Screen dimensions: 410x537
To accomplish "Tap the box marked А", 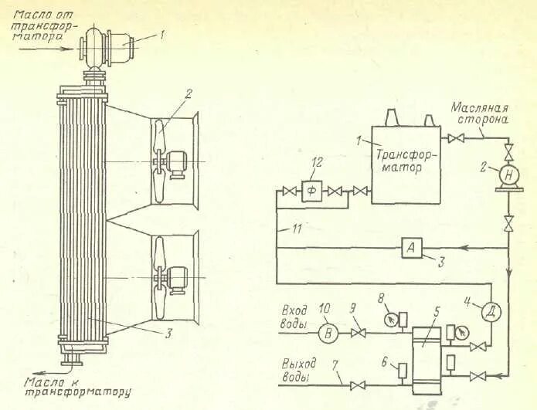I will (411, 248).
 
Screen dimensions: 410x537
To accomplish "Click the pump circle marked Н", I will (508, 176).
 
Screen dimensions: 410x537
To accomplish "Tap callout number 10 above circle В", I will (325, 308).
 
